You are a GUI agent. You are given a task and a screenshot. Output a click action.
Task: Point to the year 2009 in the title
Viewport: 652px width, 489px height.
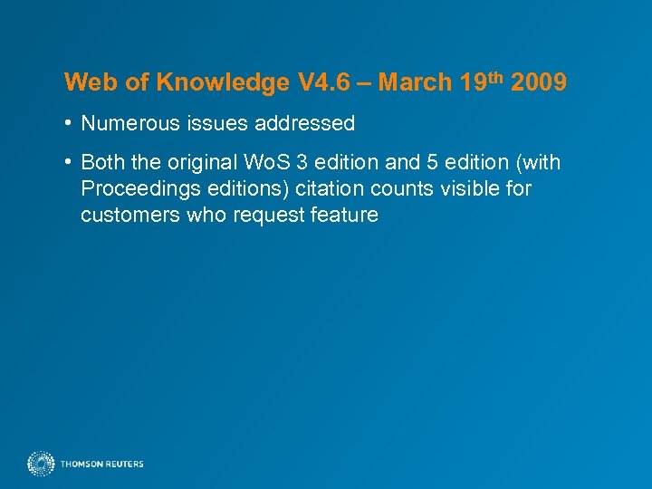(539, 83)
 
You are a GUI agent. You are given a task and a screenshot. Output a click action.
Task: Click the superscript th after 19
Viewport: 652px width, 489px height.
(497, 77)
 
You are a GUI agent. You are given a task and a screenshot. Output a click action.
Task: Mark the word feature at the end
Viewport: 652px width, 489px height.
(343, 216)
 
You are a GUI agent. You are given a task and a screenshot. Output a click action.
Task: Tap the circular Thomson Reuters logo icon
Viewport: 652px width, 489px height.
(41, 465)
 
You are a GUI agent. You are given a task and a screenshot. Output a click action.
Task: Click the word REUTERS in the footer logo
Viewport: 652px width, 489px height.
(124, 465)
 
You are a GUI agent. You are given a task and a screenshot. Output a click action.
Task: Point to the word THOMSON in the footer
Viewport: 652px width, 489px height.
(81, 465)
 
